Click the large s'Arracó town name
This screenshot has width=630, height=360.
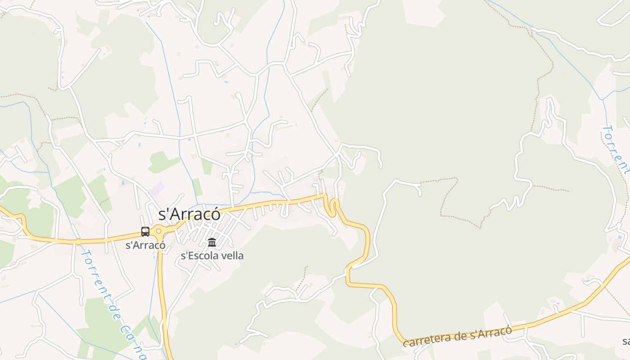coord(189,215)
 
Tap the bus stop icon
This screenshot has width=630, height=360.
coord(145,232)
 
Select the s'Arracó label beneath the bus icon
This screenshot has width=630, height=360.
coord(145,246)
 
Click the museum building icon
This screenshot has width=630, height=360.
coord(212,243)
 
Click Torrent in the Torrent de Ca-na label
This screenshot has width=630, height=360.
coord(93,268)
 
